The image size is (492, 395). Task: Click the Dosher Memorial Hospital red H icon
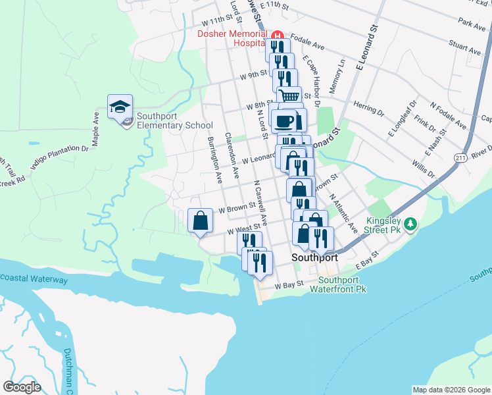[278, 35]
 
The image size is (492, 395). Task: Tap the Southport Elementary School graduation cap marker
[120, 107]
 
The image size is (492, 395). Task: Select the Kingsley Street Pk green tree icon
[411, 224]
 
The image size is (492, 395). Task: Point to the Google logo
[22, 387]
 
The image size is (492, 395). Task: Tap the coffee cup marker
[285, 121]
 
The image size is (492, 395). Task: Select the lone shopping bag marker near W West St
[201, 221]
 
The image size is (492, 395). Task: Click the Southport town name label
[315, 258]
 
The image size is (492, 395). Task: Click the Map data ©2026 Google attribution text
[451, 390]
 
